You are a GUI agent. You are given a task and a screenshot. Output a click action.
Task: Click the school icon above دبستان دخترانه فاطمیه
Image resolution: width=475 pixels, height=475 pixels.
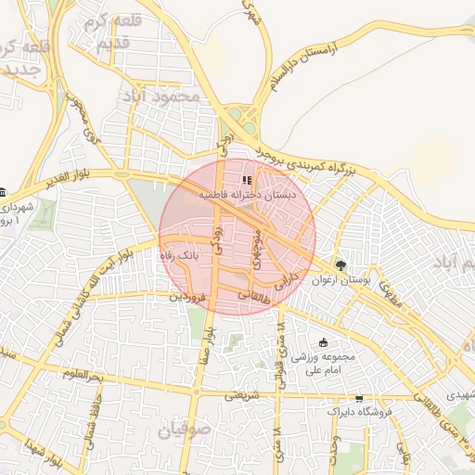246,180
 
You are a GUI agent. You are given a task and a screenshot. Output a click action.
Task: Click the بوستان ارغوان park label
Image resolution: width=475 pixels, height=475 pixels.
342,279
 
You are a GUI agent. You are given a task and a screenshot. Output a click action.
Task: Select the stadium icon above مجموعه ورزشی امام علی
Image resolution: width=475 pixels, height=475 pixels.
323,342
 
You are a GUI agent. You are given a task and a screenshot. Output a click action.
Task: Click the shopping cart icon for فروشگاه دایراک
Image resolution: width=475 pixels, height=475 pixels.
359,397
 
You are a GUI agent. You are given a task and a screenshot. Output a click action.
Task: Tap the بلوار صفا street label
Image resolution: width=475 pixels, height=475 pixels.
210,342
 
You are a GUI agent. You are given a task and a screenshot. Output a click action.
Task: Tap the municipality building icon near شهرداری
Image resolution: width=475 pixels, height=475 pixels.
3,192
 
